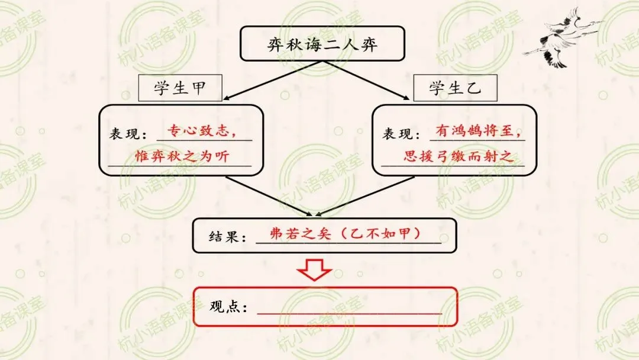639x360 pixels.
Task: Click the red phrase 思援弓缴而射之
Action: click(455, 156)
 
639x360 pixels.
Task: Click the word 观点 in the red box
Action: click(225, 307)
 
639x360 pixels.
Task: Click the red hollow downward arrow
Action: click(314, 269)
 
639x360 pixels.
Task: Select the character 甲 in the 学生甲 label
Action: click(197, 88)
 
